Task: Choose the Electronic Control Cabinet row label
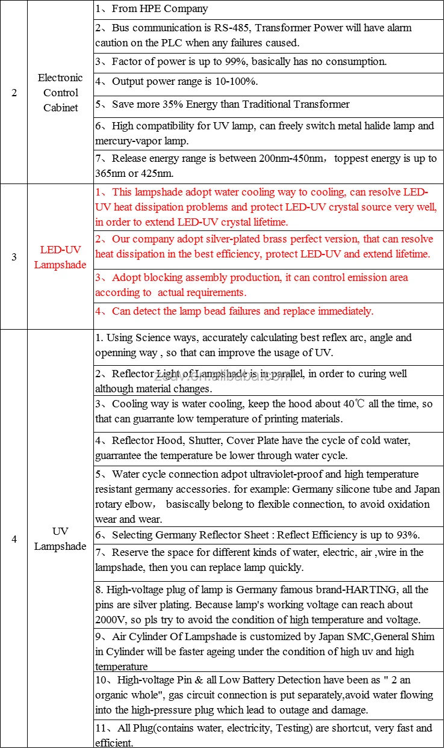coord(60,93)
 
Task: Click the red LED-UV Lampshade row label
coord(60,257)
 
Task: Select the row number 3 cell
coord(14,257)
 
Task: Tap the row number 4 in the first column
coord(14,539)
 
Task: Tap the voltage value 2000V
coord(111,620)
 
